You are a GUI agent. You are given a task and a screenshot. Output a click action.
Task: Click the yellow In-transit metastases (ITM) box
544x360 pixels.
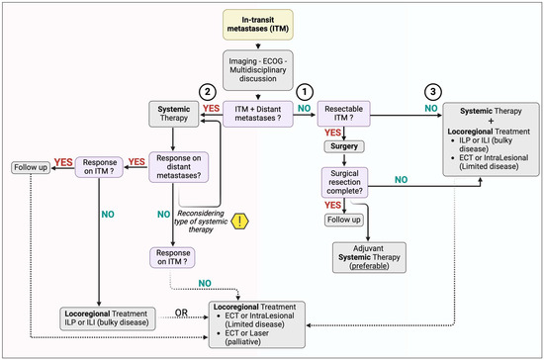(x=271, y=27)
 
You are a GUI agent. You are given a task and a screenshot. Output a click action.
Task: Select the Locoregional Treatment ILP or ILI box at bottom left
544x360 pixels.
(x=101, y=317)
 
